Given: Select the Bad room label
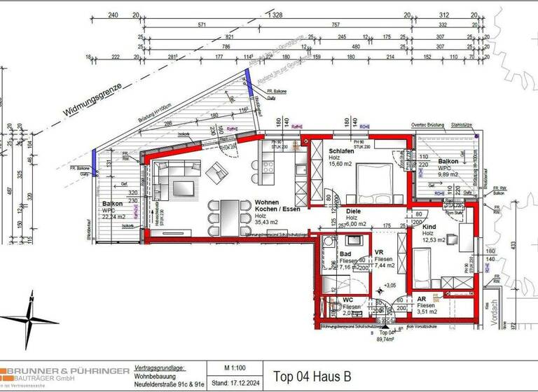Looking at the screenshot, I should [x=345, y=253].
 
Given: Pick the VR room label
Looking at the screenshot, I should [x=378, y=252].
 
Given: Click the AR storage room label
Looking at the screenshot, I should [x=422, y=298].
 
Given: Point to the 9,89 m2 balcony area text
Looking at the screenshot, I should [x=448, y=175].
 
